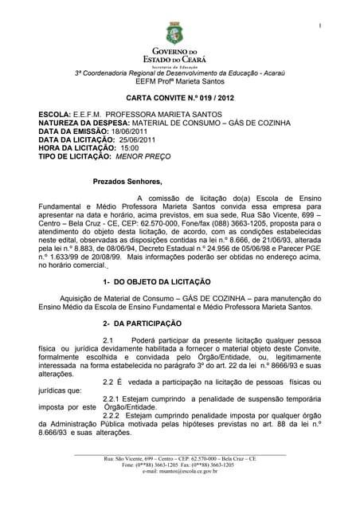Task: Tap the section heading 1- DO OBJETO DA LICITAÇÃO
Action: pos(157,282)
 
